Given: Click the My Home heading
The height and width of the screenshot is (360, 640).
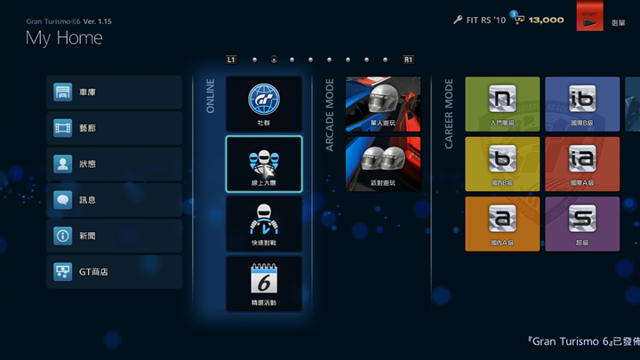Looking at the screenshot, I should click(64, 38).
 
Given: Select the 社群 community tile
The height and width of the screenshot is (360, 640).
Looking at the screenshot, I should click(264, 103).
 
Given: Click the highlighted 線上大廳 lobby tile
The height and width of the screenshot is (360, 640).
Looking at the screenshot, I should click(264, 164).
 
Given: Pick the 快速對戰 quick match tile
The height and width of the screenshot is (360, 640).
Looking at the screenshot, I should click(264, 223).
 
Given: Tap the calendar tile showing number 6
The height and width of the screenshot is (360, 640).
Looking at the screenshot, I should click(264, 284).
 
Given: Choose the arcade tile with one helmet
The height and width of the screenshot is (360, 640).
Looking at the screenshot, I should click(383, 103).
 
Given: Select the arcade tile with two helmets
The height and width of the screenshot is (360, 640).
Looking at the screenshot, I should click(383, 163).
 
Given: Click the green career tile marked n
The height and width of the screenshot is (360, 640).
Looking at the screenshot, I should click(502, 103).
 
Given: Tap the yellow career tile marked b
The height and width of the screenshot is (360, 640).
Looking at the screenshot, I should click(502, 164).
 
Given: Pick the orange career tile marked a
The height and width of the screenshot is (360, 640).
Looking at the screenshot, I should click(502, 223).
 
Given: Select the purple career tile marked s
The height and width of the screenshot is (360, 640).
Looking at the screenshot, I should click(582, 223).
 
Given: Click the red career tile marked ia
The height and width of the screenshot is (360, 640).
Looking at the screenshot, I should click(582, 164).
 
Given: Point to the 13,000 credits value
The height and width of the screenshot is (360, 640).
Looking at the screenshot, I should click(547, 20).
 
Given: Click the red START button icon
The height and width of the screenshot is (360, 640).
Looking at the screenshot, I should click(589, 20).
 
